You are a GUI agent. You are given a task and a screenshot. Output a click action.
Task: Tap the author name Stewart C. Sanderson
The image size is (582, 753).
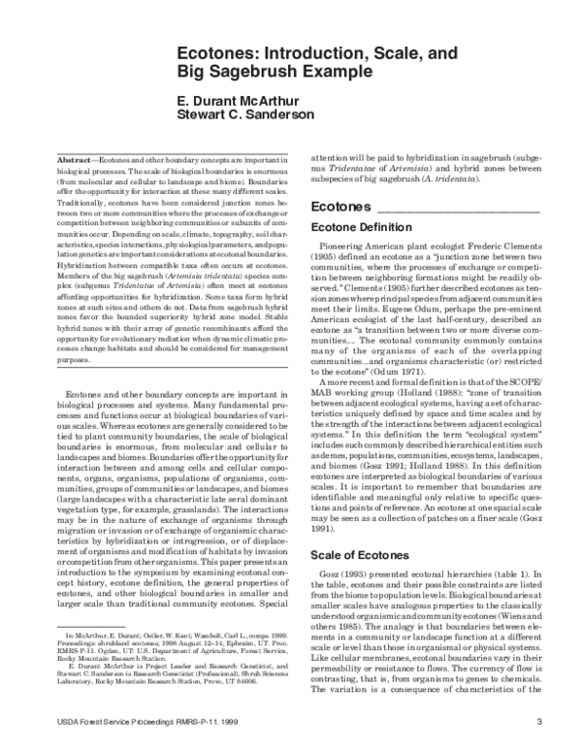246,117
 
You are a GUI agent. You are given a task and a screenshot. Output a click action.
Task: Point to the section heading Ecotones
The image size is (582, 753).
340,207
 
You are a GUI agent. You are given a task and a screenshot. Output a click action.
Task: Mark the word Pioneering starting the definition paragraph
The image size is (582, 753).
344,248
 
